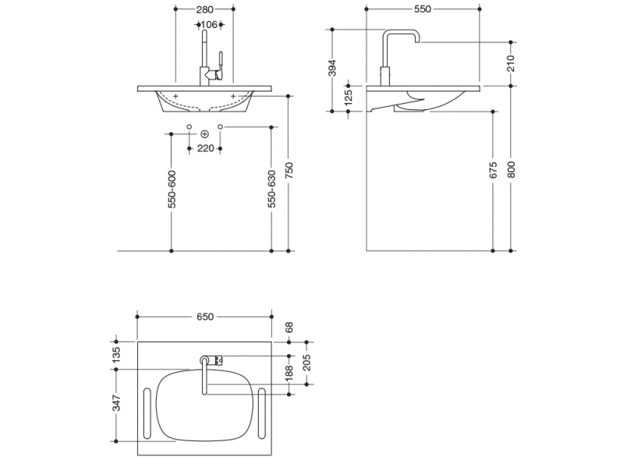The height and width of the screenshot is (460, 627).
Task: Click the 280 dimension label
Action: (x=205, y=9)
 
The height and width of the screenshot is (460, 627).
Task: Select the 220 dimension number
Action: (x=205, y=148)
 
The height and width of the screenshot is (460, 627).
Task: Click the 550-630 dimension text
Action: (x=271, y=189)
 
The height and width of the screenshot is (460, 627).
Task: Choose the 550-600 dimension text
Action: (x=172, y=189)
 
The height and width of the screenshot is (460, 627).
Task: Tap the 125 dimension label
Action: (x=349, y=97)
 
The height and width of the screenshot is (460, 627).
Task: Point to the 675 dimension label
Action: (x=493, y=171)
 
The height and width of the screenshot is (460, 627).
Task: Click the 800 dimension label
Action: (x=512, y=170)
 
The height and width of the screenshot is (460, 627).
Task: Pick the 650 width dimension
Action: (x=204, y=317)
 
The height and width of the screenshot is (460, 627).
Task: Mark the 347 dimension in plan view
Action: (x=116, y=403)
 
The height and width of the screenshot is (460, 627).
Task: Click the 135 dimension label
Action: (x=116, y=355)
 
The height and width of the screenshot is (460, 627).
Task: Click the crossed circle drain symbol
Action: (x=205, y=133)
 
